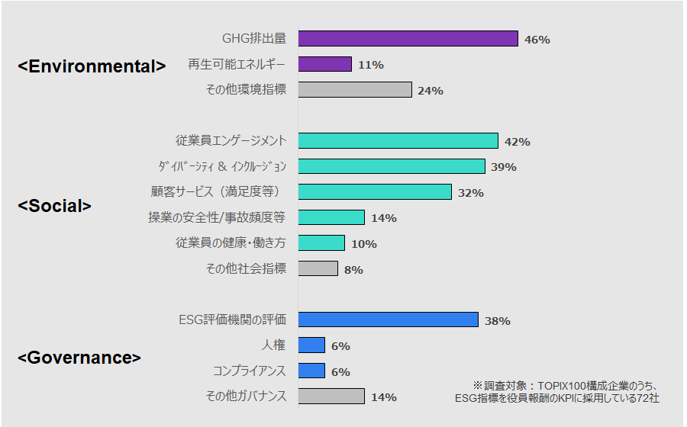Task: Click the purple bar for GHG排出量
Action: pos(408,39)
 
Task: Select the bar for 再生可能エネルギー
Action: pos(324,65)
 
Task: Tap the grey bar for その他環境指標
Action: pos(355,90)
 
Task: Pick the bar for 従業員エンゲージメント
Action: pos(398,141)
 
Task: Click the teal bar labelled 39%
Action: pos(392,166)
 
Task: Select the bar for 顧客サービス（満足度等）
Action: pos(375,192)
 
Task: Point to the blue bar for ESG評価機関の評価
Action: pos(388,320)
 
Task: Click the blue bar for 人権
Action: pos(311,345)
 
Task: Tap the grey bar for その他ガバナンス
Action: pos(331,396)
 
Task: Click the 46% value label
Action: pos(537,40)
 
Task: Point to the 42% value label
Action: pos(517,142)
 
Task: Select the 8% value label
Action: pos(353,269)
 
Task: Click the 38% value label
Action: pos(497,321)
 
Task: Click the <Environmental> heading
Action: pos(92,66)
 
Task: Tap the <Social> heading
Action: pos(54,206)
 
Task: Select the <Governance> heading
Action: pos(79,358)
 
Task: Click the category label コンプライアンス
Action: pos(249,371)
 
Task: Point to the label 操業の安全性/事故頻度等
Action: pos(217,217)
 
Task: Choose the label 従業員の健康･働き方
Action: pos(231,243)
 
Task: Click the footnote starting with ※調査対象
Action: pos(556,391)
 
